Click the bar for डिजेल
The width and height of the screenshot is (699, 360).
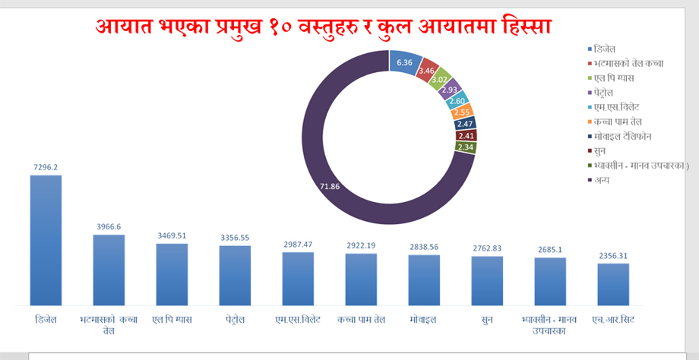pyautogui.click(x=46, y=240)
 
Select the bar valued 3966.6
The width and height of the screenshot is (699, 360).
pyautogui.click(x=109, y=270)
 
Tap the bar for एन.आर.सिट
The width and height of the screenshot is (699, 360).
pyautogui.click(x=613, y=284)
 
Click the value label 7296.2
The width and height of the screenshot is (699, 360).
pyautogui.click(x=46, y=167)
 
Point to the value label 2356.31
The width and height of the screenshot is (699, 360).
pyautogui.click(x=613, y=255)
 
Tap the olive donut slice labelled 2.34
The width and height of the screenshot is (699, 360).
pyautogui.click(x=466, y=147)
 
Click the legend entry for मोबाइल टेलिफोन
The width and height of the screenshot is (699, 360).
pyautogui.click(x=623, y=136)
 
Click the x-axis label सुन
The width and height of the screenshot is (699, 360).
pyautogui.click(x=487, y=320)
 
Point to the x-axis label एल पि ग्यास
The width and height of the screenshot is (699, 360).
pyautogui.click(x=172, y=320)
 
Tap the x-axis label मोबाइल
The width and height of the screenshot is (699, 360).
pyautogui.click(x=424, y=320)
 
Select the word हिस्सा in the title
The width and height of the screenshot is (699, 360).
pyautogui.click(x=526, y=27)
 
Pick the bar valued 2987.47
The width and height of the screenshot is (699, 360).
pyautogui.click(x=298, y=279)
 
